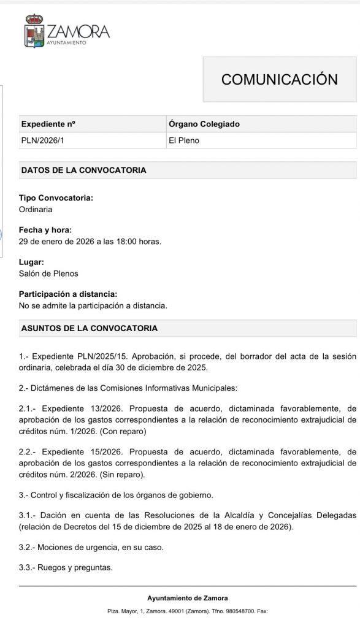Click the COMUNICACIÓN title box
[280, 79]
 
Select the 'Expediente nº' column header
[48, 124]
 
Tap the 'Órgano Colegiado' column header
[204, 124]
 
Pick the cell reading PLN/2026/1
[42, 140]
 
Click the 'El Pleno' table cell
[184, 140]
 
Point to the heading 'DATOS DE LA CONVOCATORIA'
[83, 170]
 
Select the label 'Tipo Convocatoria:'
[56, 198]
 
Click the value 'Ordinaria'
[36, 209]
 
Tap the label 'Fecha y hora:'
[45, 230]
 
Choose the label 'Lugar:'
[31, 262]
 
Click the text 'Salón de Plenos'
[48, 273]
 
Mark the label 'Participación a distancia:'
[67, 294]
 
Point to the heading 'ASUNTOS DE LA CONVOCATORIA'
[89, 328]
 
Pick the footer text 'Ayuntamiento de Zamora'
[187, 598]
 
